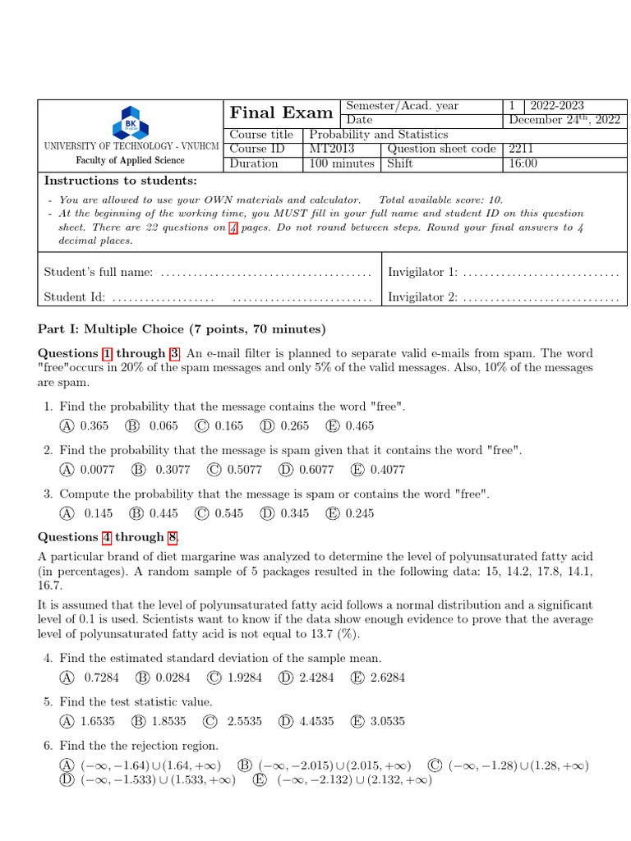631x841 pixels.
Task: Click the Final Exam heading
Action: tap(282, 113)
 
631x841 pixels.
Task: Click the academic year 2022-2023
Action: tap(557, 106)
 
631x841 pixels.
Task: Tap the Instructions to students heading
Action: tap(120, 181)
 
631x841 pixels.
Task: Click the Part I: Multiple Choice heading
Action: tap(182, 329)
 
